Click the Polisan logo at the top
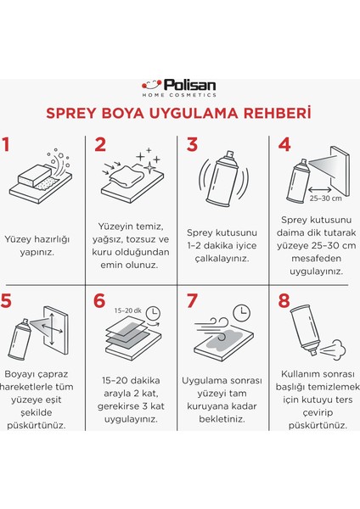coord(179,88)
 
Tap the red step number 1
coord(6,144)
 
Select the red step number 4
coord(284,144)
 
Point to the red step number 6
coord(99,300)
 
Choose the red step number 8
coord(284,300)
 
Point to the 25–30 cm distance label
coord(325,199)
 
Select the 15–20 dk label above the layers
coord(127,310)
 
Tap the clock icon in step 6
coord(153,313)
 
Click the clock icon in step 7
coord(242,312)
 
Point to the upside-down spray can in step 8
coord(306,329)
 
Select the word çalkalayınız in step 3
coord(222,259)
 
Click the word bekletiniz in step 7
coord(222,419)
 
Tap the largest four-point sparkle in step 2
coord(149,167)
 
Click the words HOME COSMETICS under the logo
coord(179,95)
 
